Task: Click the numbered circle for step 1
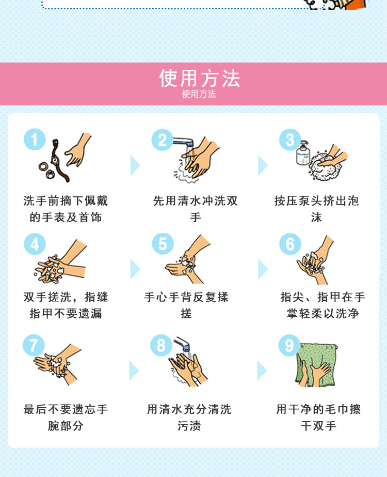pyautogui.click(x=35, y=140)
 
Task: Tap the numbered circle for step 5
pyautogui.click(x=163, y=244)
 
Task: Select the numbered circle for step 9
pyautogui.click(x=289, y=345)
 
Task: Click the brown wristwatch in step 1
pyautogui.click(x=59, y=161)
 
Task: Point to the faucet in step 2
pyautogui.click(x=184, y=142)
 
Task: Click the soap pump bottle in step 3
pyautogui.click(x=303, y=153)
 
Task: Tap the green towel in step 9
pyautogui.click(x=316, y=365)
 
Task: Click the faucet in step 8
pyautogui.click(x=182, y=344)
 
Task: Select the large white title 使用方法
pyautogui.click(x=200, y=78)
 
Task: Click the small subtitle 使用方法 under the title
pyautogui.click(x=199, y=94)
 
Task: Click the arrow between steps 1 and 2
pyautogui.click(x=135, y=165)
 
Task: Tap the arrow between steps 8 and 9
pyautogui.click(x=262, y=371)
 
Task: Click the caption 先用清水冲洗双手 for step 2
pyautogui.click(x=196, y=209)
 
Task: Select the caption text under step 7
pyautogui.click(x=66, y=418)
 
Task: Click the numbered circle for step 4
pyautogui.click(x=35, y=244)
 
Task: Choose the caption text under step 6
pyautogui.click(x=322, y=305)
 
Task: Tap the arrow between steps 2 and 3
pyautogui.click(x=263, y=165)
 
